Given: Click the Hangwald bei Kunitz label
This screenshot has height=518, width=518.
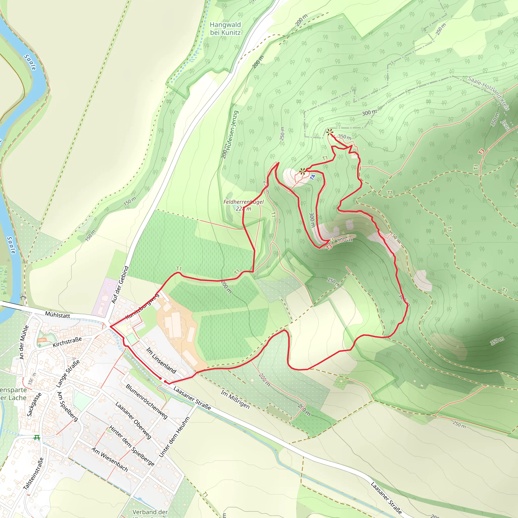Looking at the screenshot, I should tap(225, 29).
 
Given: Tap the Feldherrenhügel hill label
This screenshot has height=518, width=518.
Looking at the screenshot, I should tap(244, 205).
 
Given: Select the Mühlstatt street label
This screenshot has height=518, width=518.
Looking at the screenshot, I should tap(57, 315).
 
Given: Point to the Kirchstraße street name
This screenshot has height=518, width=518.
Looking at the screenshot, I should tap(67, 342).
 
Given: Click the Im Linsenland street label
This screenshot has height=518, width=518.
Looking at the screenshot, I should tap(161, 360).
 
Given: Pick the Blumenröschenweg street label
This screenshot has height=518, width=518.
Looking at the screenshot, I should tap(147, 401).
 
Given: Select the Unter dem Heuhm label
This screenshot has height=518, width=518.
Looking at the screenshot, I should tap(174, 437).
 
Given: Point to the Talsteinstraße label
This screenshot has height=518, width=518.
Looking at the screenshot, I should tap(34, 473).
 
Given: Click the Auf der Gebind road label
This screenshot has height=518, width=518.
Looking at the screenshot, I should tap(120, 285).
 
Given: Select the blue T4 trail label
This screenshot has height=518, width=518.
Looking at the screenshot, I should tap(312, 177).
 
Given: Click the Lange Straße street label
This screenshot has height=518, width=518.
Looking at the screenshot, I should tap(68, 374).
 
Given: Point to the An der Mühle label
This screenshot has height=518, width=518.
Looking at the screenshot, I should tap(24, 342).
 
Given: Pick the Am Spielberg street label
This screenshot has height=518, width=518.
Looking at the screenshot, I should tap(67, 406).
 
